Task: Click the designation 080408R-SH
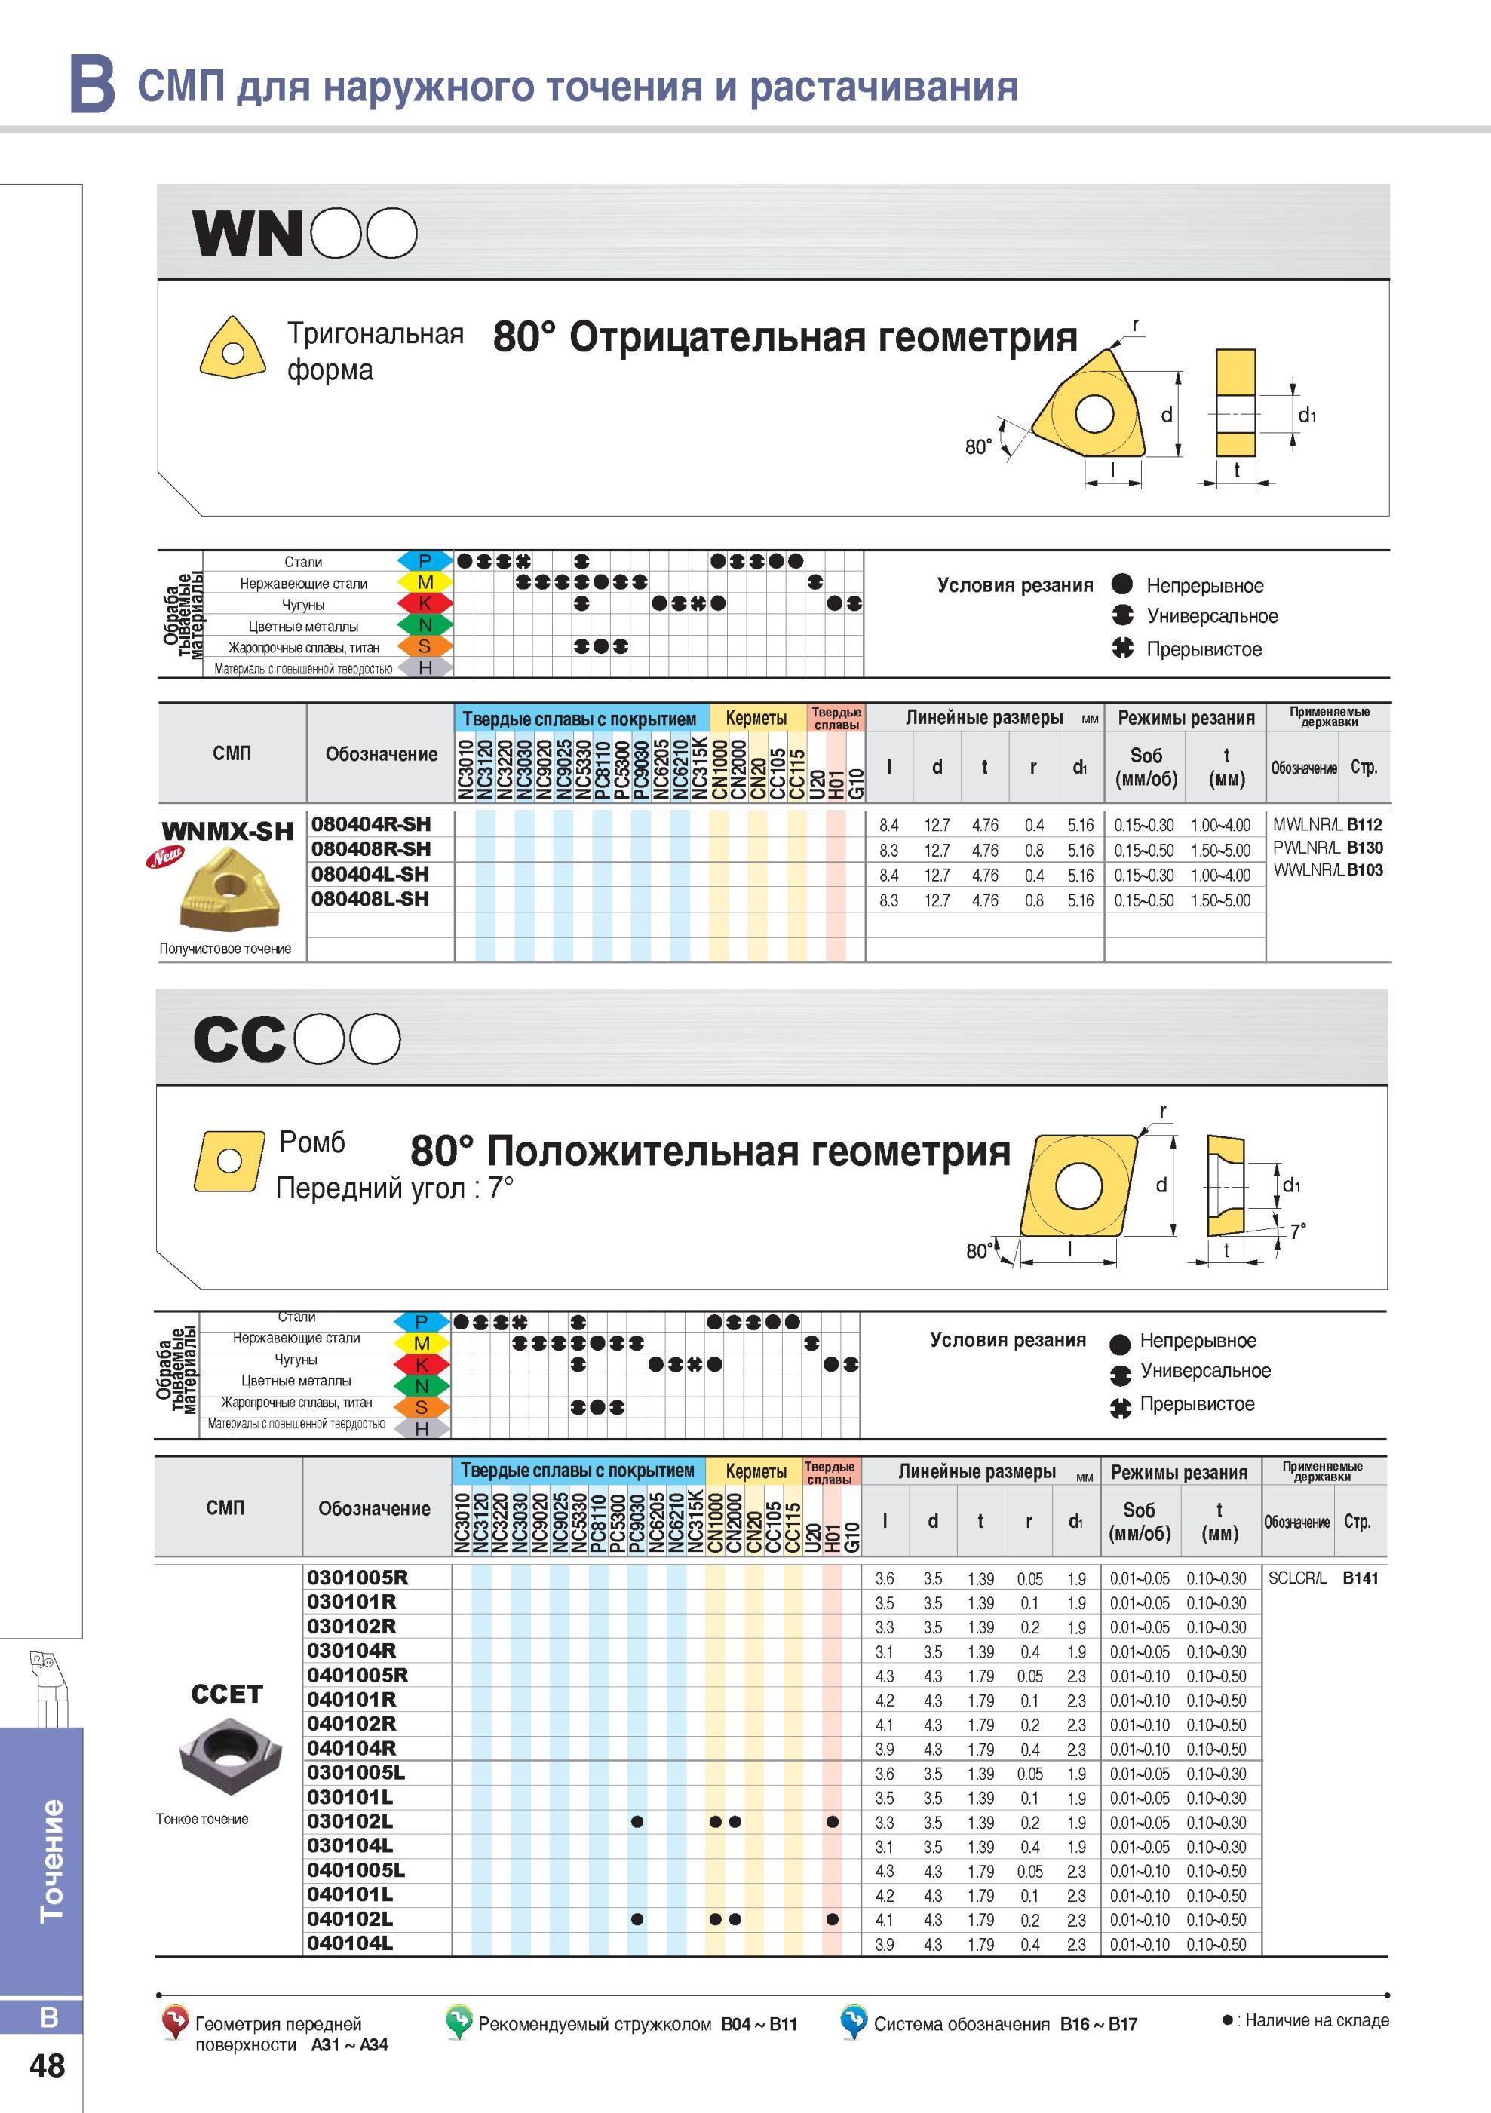pyautogui.click(x=370, y=848)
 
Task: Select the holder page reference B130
pyautogui.click(x=1364, y=848)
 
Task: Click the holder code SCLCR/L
pyautogui.click(x=1297, y=1578)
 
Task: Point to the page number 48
pyautogui.click(x=48, y=2066)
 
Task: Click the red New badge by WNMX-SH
pyautogui.click(x=167, y=857)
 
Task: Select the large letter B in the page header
pyautogui.click(x=93, y=84)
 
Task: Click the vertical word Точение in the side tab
pyautogui.click(x=51, y=1860)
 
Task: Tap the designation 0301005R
pyautogui.click(x=357, y=1578)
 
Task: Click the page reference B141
pyautogui.click(x=1361, y=1578)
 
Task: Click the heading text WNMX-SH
pyautogui.click(x=227, y=831)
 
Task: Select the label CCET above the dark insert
pyautogui.click(x=226, y=1694)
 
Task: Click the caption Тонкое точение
pyautogui.click(x=202, y=1818)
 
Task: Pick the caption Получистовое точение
pyautogui.click(x=225, y=948)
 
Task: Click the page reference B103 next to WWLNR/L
pyautogui.click(x=1365, y=869)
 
